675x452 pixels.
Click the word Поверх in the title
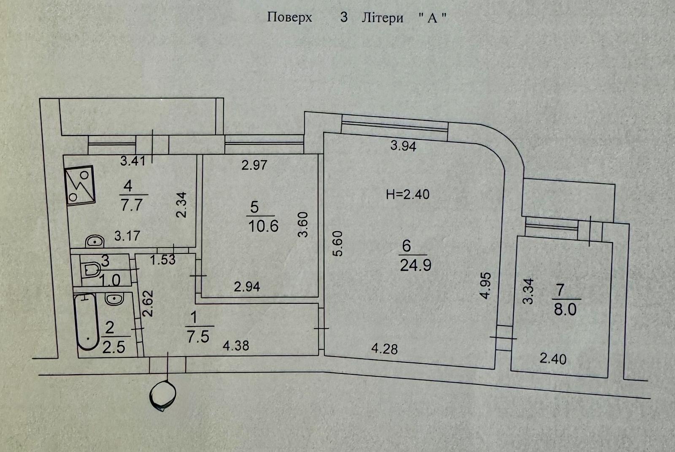click(x=289, y=17)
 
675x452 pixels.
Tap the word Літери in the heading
click(x=382, y=18)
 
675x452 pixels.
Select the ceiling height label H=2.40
click(x=408, y=194)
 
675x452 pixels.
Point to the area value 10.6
click(x=263, y=226)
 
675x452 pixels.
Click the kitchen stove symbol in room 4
click(x=80, y=185)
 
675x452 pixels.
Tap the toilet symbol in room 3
click(x=91, y=270)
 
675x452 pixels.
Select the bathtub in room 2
click(x=87, y=322)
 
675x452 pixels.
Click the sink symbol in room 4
click(x=95, y=242)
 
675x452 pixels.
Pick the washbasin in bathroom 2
click(x=114, y=299)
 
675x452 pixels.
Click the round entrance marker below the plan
click(x=163, y=395)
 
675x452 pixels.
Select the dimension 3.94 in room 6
click(x=403, y=146)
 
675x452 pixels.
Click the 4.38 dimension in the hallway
click(x=236, y=346)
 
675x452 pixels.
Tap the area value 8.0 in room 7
click(x=565, y=310)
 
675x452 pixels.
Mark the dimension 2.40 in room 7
click(x=553, y=359)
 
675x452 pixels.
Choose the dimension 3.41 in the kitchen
click(x=133, y=161)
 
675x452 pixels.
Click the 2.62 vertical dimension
click(x=148, y=303)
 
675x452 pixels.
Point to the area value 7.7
click(x=131, y=205)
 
